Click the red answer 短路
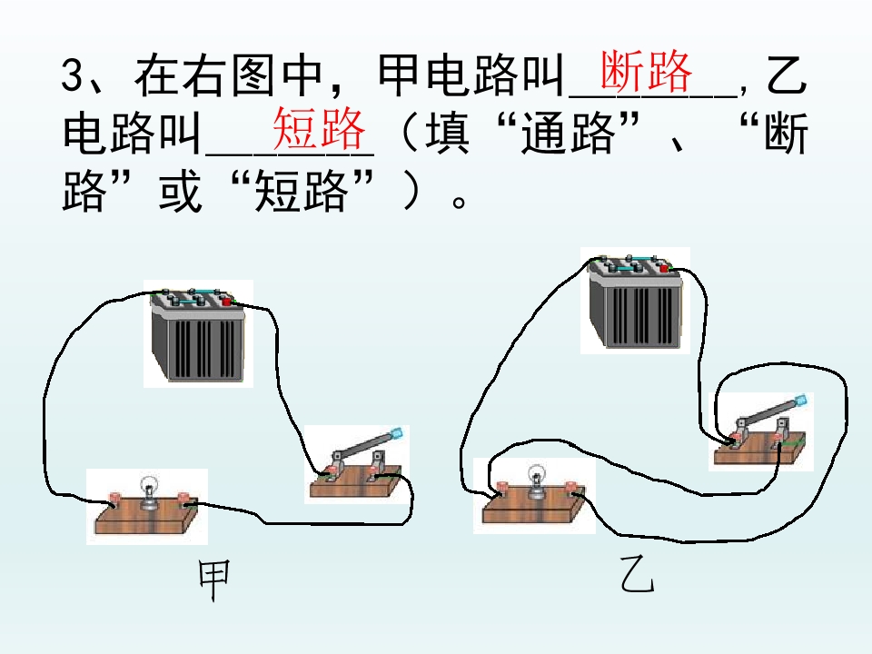pos(319,128)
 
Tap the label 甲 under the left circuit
pos(214,580)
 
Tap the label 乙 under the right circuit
pos(638,575)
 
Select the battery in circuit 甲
pos(198,335)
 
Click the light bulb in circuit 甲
pos(149,491)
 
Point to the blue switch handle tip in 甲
pos(397,434)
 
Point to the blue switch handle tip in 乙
pos(801,400)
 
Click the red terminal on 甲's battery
pos(226,302)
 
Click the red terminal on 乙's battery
pos(663,269)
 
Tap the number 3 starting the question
pos(73,74)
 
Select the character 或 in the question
pos(180,192)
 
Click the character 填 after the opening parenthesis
pos(448,133)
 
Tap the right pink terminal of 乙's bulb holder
pos(571,487)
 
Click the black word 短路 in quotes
pos(302,192)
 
